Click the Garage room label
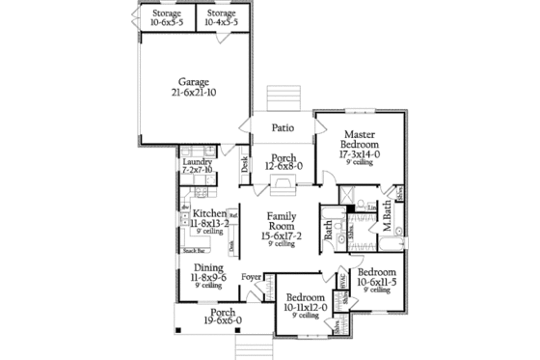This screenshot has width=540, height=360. [193, 87]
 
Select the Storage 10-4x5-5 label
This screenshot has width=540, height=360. [221, 17]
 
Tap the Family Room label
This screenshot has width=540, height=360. [282, 227]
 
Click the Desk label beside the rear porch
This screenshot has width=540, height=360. [245, 167]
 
